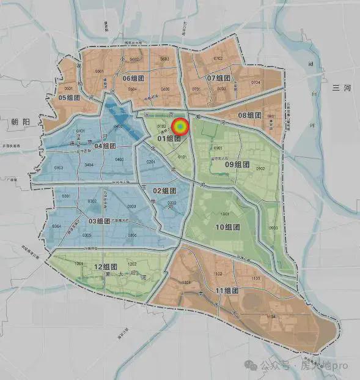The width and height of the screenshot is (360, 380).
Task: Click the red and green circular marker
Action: tap(180, 127)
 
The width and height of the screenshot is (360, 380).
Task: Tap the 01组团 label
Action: tap(169, 138)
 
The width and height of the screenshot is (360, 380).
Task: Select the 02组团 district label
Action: tap(165, 190)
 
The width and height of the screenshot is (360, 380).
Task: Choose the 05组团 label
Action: tap(69, 97)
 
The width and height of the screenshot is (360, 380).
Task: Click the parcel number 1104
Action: tap(271, 316)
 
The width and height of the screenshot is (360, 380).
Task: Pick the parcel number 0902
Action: tap(260, 168)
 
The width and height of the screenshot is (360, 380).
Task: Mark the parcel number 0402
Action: tap(118, 126)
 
